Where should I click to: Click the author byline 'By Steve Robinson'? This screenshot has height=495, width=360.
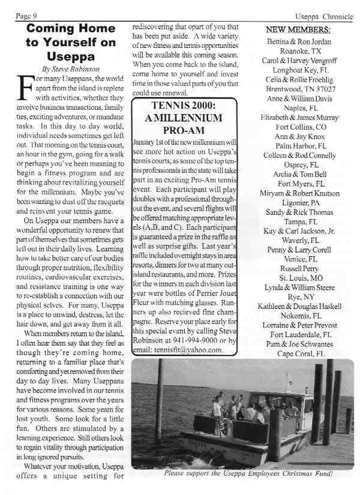click(x=70, y=69)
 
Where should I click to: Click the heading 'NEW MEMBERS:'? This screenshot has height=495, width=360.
click(x=297, y=29)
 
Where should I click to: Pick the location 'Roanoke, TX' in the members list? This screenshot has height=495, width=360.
click(x=298, y=52)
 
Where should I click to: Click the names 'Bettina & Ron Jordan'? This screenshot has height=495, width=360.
click(x=298, y=41)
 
